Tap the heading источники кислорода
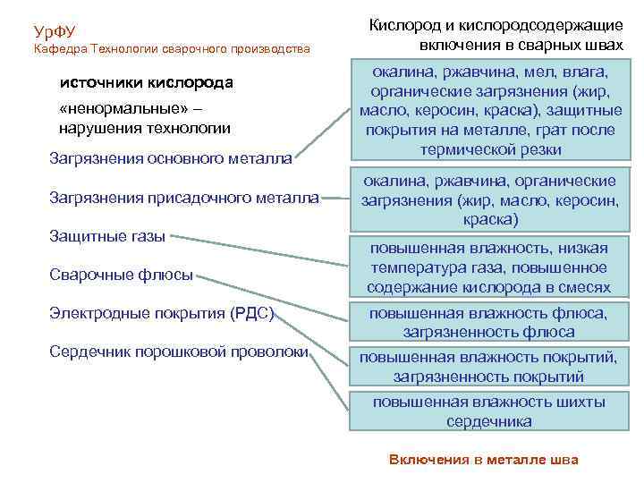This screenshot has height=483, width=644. click(146, 83)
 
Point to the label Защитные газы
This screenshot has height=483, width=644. click(108, 237)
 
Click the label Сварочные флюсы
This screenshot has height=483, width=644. click(122, 275)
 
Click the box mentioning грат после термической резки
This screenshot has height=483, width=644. click(488, 111)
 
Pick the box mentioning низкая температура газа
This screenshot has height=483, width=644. click(488, 267)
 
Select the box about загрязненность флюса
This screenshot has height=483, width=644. click(488, 322)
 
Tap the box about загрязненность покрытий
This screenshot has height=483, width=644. click(488, 367)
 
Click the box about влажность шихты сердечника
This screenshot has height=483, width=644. click(488, 411)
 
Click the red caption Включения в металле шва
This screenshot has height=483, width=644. click(484, 460)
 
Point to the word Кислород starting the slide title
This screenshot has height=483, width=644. click(404, 26)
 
